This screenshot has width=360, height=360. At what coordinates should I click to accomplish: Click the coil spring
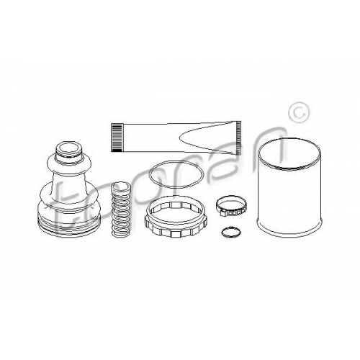(x=121, y=210)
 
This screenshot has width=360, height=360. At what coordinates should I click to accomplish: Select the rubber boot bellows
(x=68, y=189)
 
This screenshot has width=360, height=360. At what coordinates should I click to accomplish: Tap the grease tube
(x=176, y=138)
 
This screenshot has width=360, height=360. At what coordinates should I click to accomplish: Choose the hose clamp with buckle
(x=231, y=206)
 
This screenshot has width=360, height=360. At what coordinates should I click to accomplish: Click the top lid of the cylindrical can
(x=289, y=153)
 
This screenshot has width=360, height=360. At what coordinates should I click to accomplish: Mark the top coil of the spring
(x=121, y=186)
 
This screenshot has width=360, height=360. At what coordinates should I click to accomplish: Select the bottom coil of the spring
(x=121, y=233)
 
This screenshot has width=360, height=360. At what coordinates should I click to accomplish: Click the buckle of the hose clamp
(x=231, y=212)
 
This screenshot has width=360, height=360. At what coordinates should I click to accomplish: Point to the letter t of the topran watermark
(x=60, y=211)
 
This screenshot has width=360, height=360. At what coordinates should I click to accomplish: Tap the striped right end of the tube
(x=238, y=138)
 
